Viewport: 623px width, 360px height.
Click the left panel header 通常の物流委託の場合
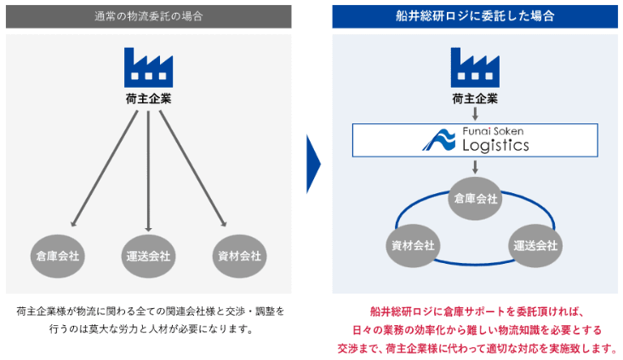pyautogui.click(x=149, y=15)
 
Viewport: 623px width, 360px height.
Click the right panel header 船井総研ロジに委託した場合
pyautogui.click(x=475, y=15)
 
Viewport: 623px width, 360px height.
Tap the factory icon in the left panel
pyautogui.click(x=148, y=66)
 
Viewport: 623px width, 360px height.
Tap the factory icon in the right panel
pyautogui.click(x=475, y=66)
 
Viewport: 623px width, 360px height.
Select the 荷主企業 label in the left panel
pyautogui.click(x=148, y=98)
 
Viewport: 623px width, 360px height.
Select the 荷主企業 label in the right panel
pyautogui.click(x=475, y=98)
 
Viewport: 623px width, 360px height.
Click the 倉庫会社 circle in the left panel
pyautogui.click(x=58, y=254)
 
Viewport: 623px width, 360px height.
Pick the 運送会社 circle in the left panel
pyautogui.click(x=148, y=254)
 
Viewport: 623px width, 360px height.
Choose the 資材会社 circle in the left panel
pyautogui.click(x=239, y=254)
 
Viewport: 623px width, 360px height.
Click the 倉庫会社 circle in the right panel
pyautogui.click(x=475, y=198)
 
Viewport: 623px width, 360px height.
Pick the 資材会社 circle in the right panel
pyautogui.click(x=413, y=245)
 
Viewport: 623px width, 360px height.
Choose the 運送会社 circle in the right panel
pyautogui.click(x=535, y=245)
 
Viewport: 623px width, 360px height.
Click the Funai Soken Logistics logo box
pyautogui.click(x=475, y=140)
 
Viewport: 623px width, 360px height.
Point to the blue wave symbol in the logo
pyautogui.click(x=441, y=140)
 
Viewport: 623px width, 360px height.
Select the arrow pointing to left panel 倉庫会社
pyautogui.click(x=102, y=170)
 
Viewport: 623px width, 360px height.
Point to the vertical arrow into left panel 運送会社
pyautogui.click(x=149, y=170)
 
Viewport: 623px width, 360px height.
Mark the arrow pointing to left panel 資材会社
pyautogui.click(x=194, y=170)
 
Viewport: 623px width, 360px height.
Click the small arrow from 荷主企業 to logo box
pyautogui.click(x=475, y=114)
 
